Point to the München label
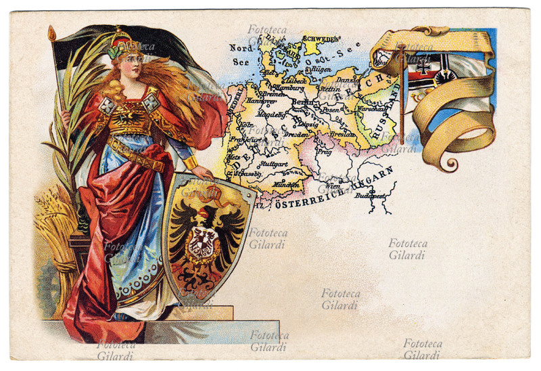coord(286,183)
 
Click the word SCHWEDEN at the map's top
coord(319,39)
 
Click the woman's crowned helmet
coord(126,42)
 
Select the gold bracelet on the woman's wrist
coord(189,163)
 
